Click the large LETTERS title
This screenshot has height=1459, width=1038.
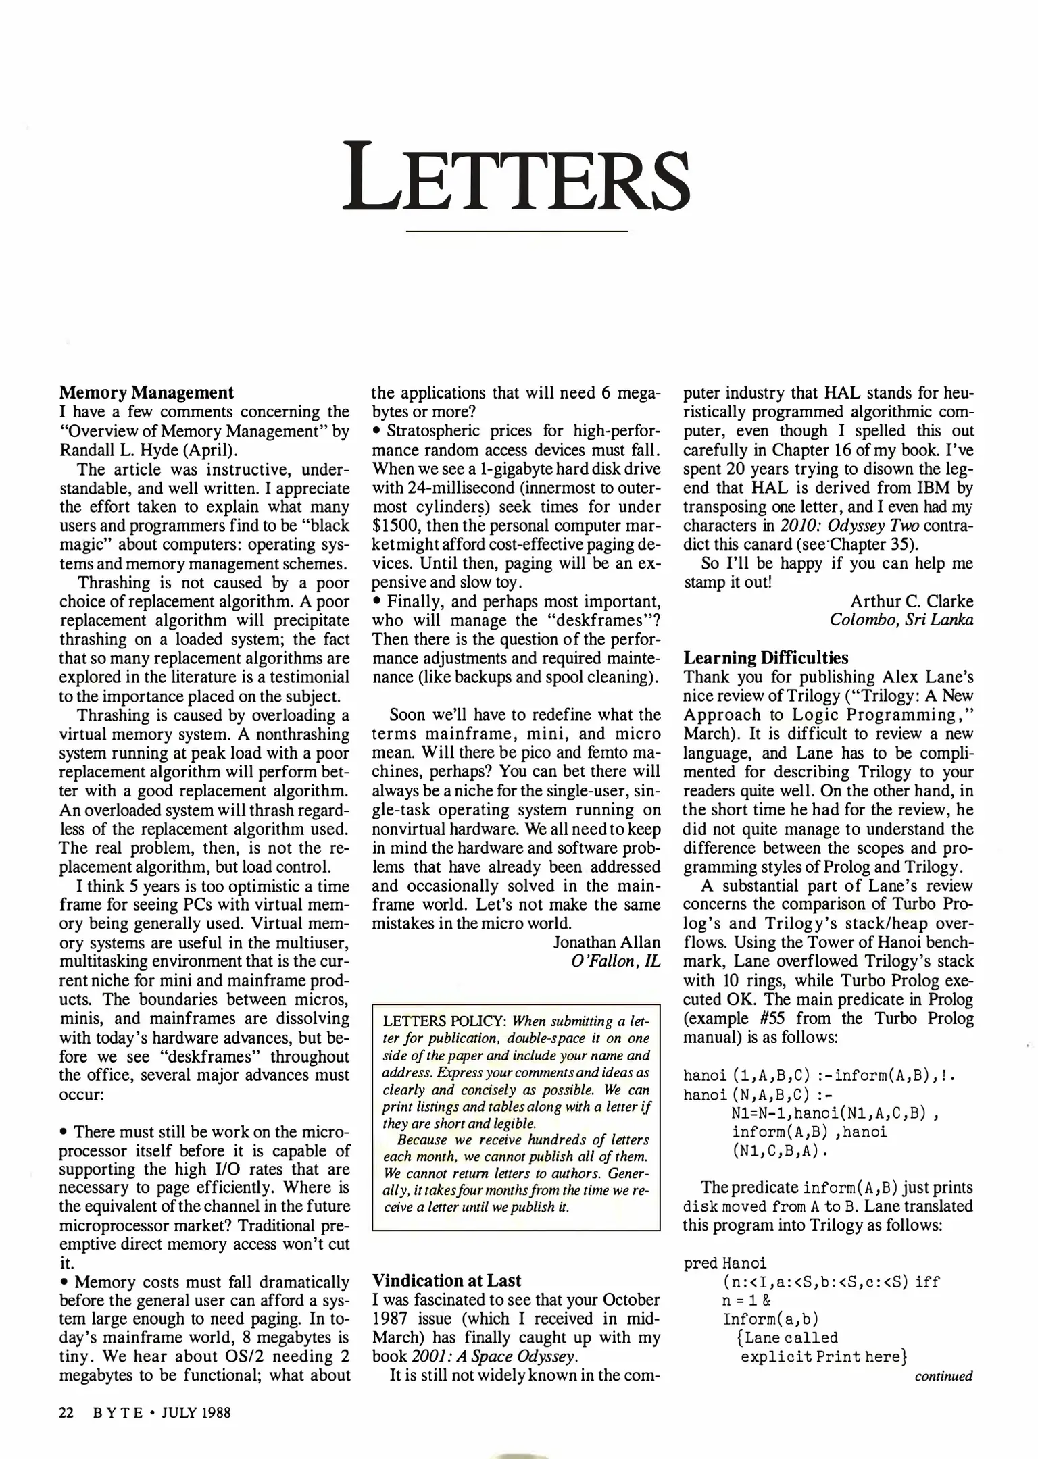click(x=517, y=176)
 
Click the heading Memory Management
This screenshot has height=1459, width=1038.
click(x=147, y=392)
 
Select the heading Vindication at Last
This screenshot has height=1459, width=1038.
click(x=447, y=1281)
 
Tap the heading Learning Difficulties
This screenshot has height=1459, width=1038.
click(x=766, y=657)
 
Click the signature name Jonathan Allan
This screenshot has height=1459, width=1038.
click(x=606, y=942)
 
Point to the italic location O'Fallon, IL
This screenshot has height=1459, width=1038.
click(x=615, y=961)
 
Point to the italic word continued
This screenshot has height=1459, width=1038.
click(x=943, y=1376)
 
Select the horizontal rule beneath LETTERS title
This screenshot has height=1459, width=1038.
click(x=516, y=232)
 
